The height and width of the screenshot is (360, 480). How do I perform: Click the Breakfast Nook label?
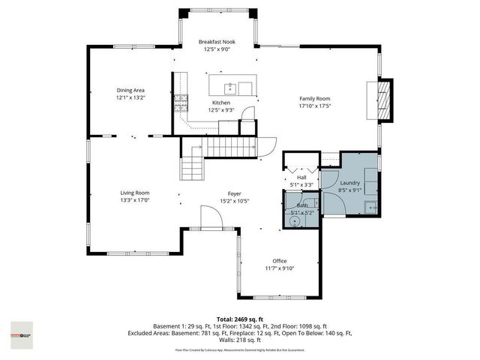coord(217,43)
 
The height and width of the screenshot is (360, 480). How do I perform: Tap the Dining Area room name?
coord(130,90)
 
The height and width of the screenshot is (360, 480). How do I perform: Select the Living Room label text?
coord(135,193)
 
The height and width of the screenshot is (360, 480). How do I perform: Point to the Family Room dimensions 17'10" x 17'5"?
coord(315,106)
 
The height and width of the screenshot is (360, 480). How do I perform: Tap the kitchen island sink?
coord(229,82)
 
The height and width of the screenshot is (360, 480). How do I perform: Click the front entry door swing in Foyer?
coord(210,218)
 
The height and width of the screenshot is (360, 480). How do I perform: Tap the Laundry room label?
coord(350,183)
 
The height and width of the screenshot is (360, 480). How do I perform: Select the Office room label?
coord(280,260)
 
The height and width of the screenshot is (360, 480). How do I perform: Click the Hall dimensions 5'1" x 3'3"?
coord(301,184)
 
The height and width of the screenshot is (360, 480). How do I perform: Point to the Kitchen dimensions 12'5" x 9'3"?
coord(221,110)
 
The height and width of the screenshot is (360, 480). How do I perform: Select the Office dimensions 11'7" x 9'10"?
coord(280,268)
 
